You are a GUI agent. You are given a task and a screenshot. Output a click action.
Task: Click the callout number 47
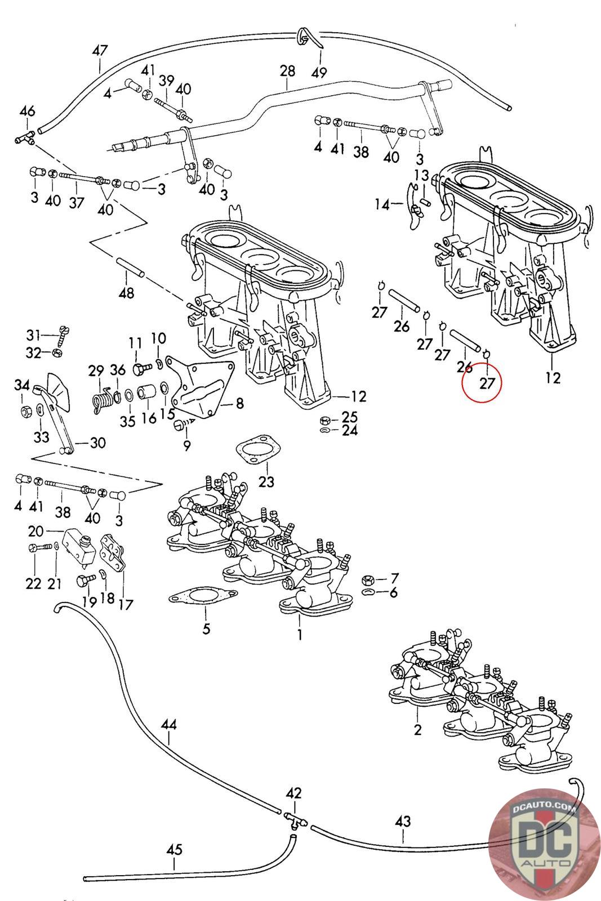click(x=100, y=51)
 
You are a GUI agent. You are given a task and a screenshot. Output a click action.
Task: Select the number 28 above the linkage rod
click(x=287, y=71)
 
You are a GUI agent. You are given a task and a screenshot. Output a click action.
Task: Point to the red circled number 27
click(x=487, y=384)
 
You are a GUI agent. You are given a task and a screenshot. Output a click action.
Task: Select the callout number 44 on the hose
click(x=168, y=724)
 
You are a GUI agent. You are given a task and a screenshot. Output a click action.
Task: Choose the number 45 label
click(x=174, y=850)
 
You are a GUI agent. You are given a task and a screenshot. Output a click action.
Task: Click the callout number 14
click(x=382, y=204)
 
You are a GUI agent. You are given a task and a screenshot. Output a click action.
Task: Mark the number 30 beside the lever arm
click(x=97, y=443)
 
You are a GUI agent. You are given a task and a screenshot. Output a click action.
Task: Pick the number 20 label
click(x=35, y=532)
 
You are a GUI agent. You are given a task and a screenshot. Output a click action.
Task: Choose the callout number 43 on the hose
click(x=403, y=822)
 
